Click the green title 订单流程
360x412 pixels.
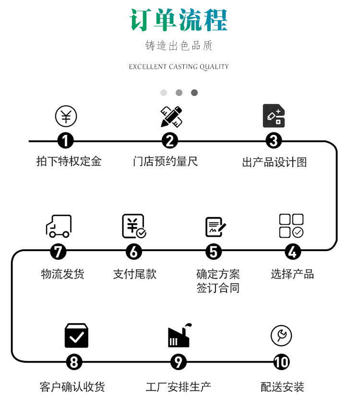tap(179, 20)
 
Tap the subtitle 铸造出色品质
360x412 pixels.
tap(179, 46)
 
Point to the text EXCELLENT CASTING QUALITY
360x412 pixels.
tap(179, 67)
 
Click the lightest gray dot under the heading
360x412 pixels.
tap(164, 93)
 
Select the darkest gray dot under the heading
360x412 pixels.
tap(194, 93)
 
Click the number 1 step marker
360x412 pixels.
tap(66, 141)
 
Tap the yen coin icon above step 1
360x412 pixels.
tap(66, 117)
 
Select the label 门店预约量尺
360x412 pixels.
tap(165, 161)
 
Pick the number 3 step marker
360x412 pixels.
tap(274, 141)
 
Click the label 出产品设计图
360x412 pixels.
tap(274, 162)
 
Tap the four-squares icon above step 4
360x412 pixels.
tap(291, 226)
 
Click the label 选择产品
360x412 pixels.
tap(292, 274)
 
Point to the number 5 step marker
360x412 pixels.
tap(214, 251)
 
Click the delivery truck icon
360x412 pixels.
tap(59, 226)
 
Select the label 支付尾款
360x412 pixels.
tap(134, 274)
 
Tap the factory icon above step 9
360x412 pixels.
tap(180, 335)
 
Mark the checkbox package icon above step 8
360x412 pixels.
tap(76, 336)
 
